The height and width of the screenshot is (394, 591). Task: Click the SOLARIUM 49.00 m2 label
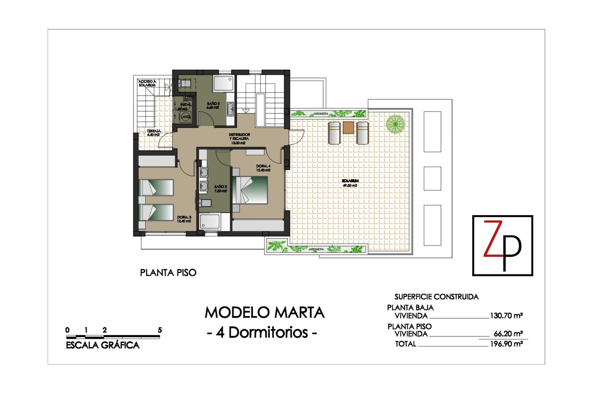click(x=350, y=183)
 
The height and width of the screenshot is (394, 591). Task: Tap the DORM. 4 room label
click(x=263, y=168)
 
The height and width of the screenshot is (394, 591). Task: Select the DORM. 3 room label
click(x=184, y=219)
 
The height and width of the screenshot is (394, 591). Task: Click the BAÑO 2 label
click(x=213, y=106)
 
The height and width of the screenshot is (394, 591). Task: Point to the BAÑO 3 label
click(x=220, y=189)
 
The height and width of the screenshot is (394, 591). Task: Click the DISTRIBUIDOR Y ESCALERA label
click(x=239, y=139)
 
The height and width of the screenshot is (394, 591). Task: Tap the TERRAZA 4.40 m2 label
click(x=153, y=133)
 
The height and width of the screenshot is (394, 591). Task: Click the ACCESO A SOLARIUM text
click(x=147, y=83)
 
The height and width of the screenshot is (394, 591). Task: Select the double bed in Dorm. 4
click(x=250, y=190)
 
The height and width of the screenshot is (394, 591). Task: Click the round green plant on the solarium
click(x=395, y=124)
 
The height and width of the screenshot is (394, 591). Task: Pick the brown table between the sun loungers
click(x=348, y=127)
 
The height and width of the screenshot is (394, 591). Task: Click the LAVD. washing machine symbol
click(x=186, y=117)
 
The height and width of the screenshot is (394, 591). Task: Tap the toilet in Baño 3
click(x=205, y=203)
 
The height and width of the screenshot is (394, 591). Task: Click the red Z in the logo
click(x=493, y=239)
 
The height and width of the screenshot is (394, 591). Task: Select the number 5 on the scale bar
click(x=160, y=330)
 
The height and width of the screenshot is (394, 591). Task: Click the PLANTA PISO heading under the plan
click(x=168, y=273)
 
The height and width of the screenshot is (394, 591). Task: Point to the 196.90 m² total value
click(x=506, y=344)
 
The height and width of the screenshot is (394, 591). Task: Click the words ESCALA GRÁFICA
click(x=103, y=345)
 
